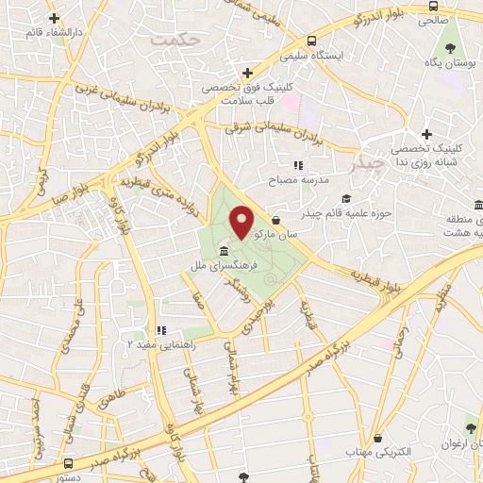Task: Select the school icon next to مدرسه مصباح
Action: coord(299,165)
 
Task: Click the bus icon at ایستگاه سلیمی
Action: coord(311,41)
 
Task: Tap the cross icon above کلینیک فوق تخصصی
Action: coord(247,72)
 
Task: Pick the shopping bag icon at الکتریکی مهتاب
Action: coord(378,438)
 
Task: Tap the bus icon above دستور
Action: coord(70,463)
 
